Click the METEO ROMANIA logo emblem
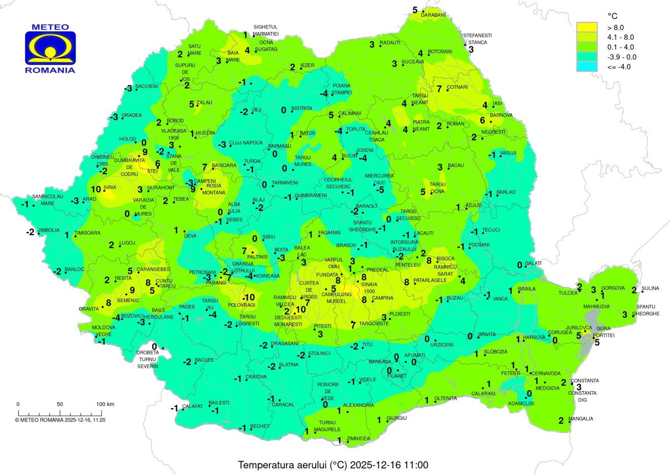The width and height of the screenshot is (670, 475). click(50, 48)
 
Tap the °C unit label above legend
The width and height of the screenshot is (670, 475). click(612, 16)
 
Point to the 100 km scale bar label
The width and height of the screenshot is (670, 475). click(105, 404)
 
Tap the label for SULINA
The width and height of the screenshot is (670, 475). click(650, 289)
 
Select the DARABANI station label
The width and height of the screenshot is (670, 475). click(433, 15)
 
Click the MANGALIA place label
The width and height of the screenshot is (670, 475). click(581, 419)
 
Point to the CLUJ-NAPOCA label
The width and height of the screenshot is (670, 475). click(246, 143)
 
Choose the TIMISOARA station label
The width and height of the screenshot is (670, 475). click(87, 233)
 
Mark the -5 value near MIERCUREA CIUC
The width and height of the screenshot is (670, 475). click(380, 190)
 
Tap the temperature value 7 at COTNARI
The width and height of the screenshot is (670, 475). click(439, 88)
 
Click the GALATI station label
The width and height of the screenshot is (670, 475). click(533, 263)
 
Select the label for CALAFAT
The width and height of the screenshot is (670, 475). click(192, 406)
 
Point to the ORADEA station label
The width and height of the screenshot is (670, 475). click(131, 115)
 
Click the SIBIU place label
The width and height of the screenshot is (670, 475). click(269, 237)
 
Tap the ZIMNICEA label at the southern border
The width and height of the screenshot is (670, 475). click(358, 438)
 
